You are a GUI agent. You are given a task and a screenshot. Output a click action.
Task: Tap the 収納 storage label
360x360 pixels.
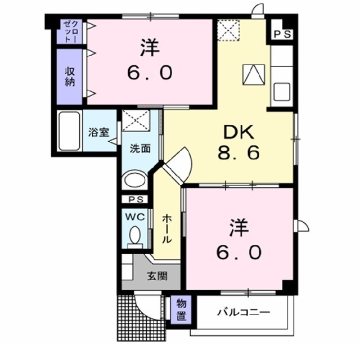coord(70,77)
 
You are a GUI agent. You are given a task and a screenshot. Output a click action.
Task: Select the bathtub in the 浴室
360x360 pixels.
coord(69,131)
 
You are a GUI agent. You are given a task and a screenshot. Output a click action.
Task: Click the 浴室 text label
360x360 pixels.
coord(99,132)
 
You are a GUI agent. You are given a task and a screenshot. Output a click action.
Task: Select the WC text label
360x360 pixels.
coord(135,217)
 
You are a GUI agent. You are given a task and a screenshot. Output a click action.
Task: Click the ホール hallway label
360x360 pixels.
coord(166,229)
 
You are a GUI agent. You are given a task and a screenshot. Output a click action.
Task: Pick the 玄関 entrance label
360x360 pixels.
coord(157,276)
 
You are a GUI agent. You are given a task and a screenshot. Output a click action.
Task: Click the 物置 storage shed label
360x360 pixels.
coord(181,310)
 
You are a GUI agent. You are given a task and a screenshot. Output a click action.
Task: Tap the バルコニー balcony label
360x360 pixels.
coord(244,312)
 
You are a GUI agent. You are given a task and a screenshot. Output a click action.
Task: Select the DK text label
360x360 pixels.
coord(238,133)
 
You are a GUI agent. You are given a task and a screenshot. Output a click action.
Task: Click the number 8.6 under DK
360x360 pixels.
coord(238,153)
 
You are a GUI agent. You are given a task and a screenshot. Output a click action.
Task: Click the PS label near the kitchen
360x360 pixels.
coord(283,34)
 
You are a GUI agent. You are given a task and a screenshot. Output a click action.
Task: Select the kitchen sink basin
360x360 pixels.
coord(282,92)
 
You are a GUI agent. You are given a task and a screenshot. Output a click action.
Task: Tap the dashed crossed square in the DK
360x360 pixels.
coord(228,30)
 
